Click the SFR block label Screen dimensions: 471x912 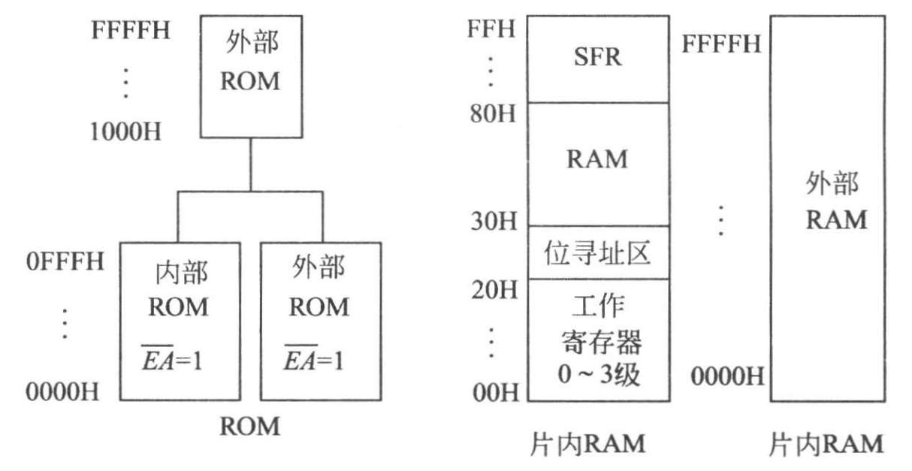[x=597, y=58]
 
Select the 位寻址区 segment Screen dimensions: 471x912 [x=597, y=252]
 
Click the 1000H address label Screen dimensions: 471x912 [x=125, y=132]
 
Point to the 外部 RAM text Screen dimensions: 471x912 [x=835, y=202]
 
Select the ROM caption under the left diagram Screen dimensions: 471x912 [x=249, y=427]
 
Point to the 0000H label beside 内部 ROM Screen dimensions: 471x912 [x=64, y=391]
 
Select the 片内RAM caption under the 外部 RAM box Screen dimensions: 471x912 [x=826, y=445]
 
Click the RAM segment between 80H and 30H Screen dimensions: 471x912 [x=597, y=160]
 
